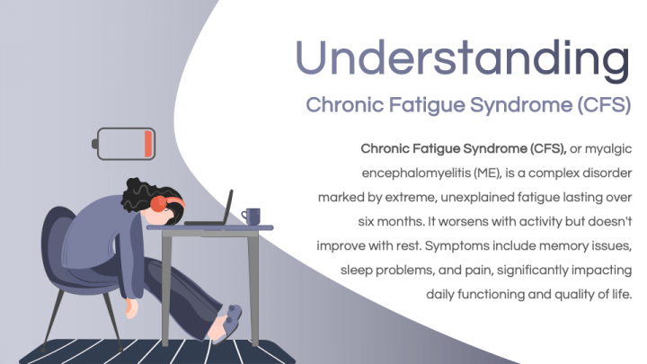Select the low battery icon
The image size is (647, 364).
(126, 142)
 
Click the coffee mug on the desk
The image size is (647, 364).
(252, 216)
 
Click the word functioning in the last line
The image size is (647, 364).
(492, 293)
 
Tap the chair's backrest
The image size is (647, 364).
(57, 243)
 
